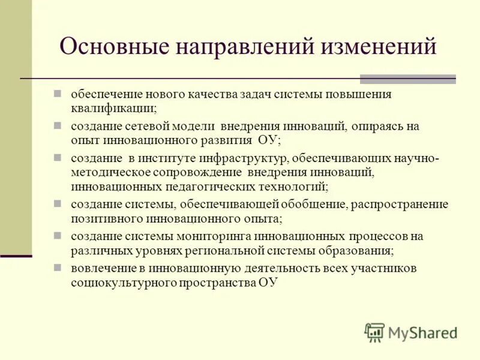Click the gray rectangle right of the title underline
(407, 79)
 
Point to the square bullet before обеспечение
(58, 94)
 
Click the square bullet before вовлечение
(58, 267)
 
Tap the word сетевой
(148, 127)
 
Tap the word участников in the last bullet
(383, 268)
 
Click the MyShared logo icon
(374, 332)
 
